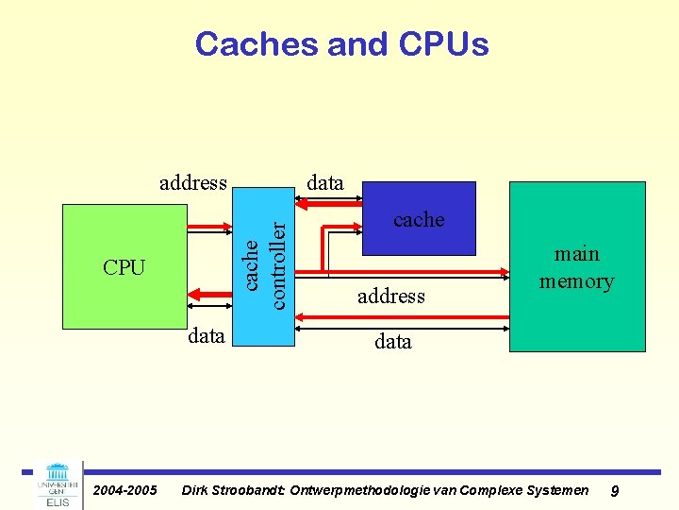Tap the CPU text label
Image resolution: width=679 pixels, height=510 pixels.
124,268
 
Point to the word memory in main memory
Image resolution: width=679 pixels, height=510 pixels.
576,281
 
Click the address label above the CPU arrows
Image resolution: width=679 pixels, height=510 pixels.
193,182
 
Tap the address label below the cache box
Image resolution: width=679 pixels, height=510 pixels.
391,297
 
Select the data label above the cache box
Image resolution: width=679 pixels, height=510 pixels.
325,182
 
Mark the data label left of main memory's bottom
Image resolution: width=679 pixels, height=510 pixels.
392,341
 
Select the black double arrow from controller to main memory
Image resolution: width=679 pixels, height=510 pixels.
404,327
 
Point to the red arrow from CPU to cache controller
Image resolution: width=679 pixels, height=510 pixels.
210,228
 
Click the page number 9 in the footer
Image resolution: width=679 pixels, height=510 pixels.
615,490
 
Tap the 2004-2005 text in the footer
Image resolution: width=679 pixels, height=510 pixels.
124,490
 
